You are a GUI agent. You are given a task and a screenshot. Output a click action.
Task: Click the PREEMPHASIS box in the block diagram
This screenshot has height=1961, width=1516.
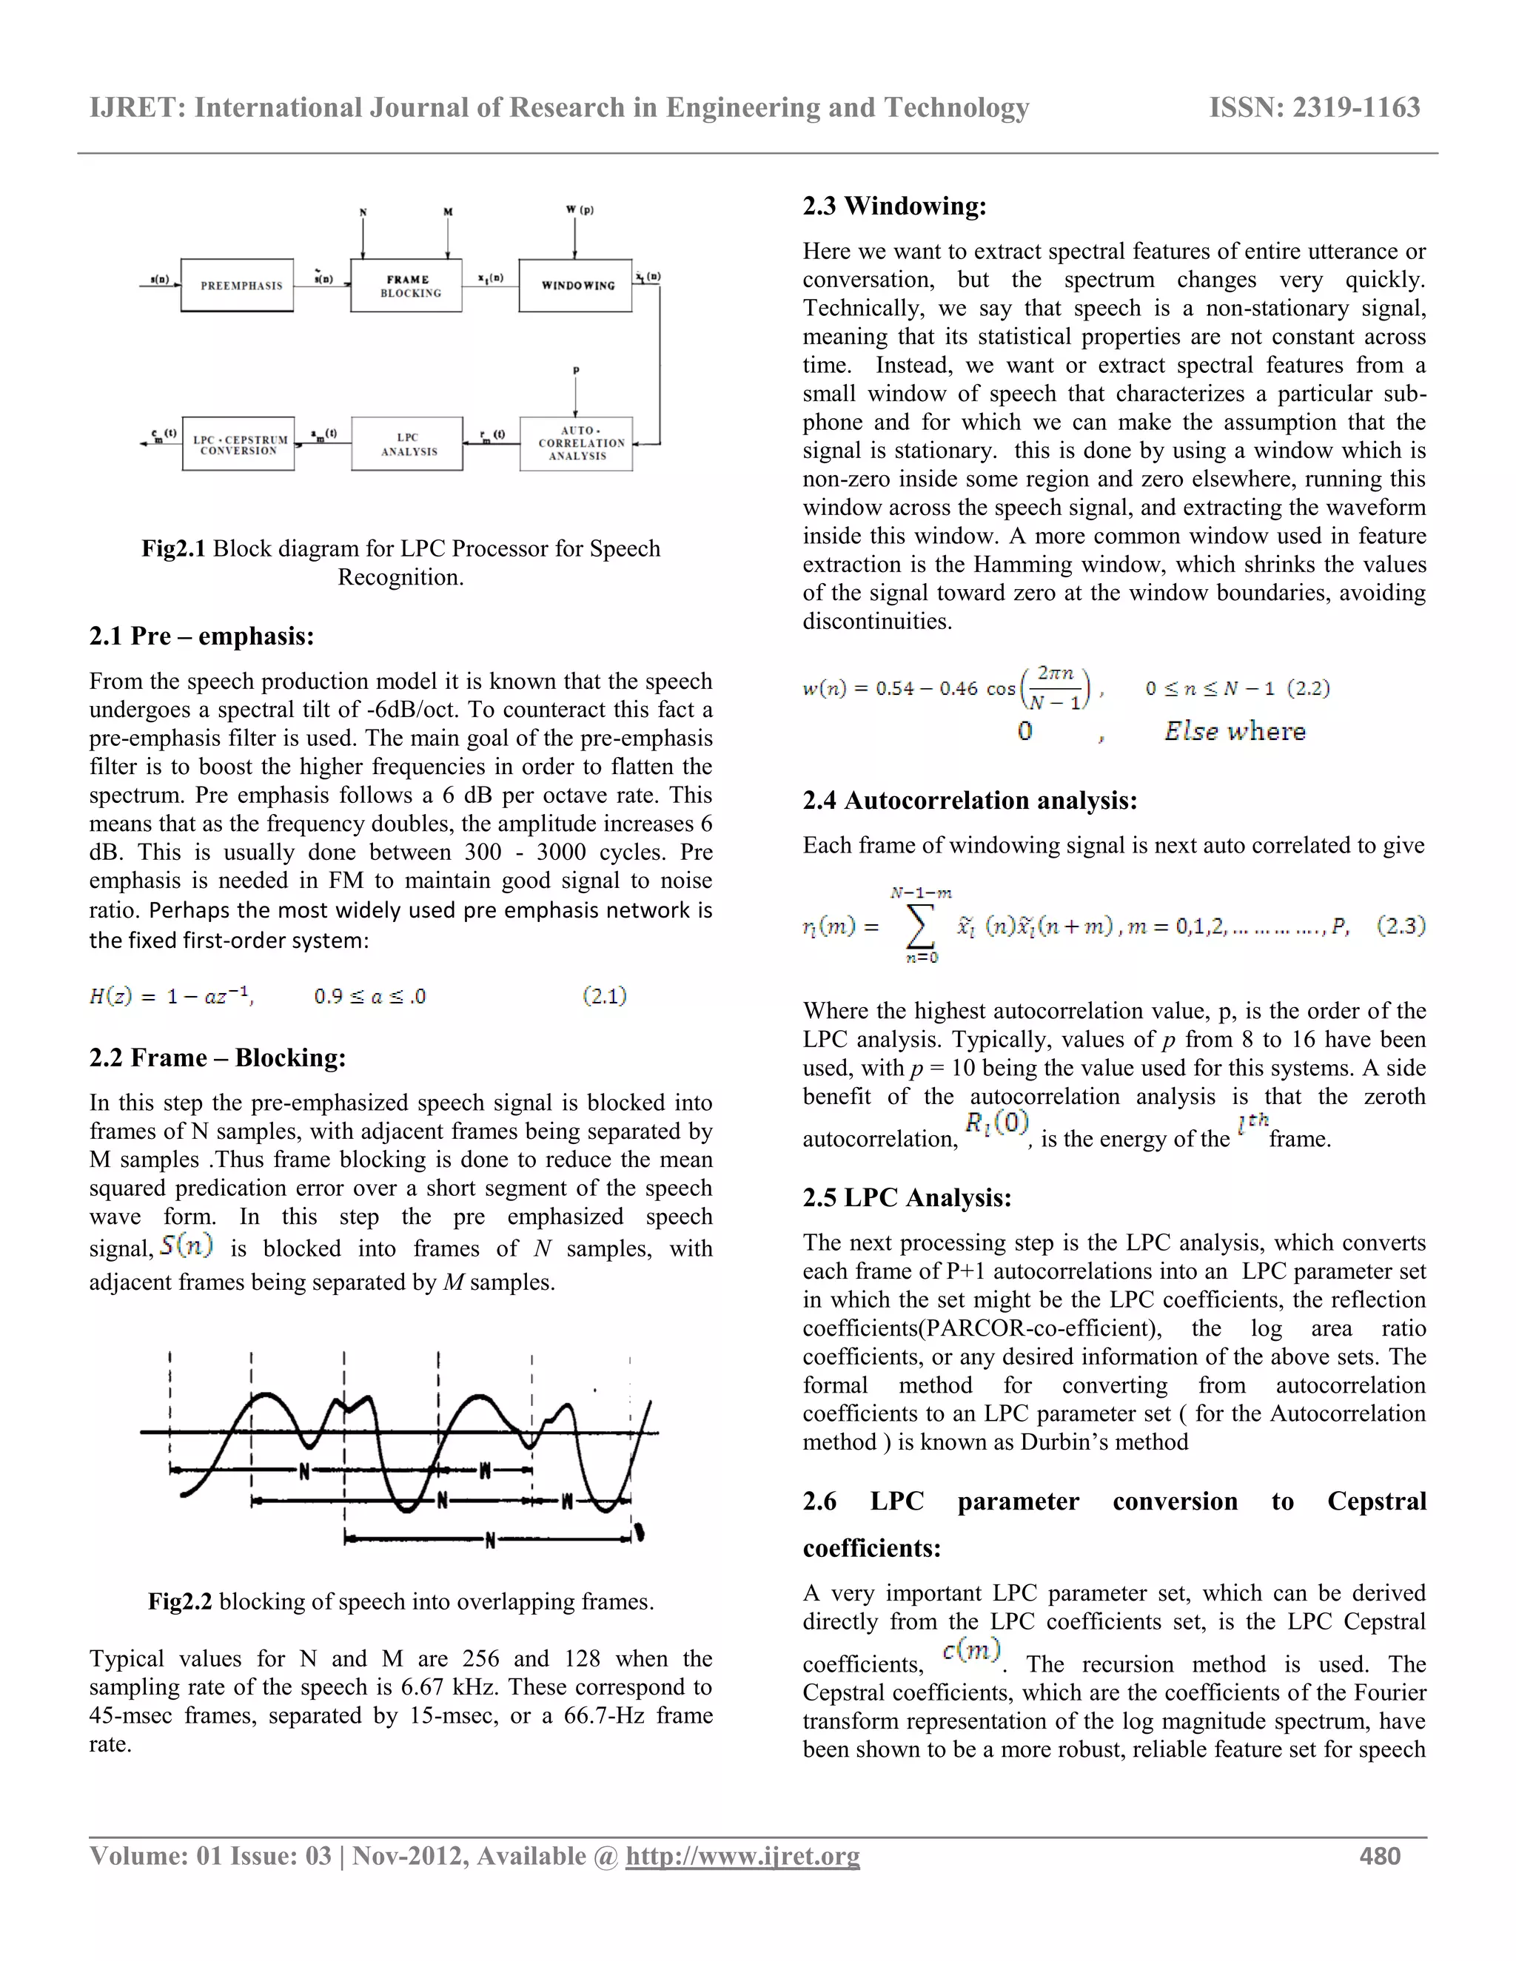(x=237, y=286)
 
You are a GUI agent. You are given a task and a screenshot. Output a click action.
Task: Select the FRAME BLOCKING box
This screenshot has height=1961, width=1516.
(x=407, y=286)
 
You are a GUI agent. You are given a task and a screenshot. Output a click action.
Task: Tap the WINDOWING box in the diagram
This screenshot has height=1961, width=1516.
(x=576, y=286)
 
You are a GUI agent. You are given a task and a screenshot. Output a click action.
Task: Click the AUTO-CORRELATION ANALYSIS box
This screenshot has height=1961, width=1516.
(x=577, y=443)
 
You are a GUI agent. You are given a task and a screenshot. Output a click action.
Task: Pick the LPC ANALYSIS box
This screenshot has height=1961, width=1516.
(x=407, y=443)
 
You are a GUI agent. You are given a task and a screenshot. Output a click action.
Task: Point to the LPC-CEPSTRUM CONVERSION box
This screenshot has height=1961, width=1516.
(x=238, y=443)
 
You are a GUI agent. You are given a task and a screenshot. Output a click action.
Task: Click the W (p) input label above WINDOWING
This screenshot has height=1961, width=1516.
(x=580, y=210)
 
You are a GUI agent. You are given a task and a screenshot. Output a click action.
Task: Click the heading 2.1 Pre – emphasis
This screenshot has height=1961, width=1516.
(x=201, y=636)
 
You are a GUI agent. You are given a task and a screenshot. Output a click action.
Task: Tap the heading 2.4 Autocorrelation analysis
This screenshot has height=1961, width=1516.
(x=970, y=800)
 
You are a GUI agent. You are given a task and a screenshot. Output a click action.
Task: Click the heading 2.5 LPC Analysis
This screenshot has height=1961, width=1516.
(x=907, y=1198)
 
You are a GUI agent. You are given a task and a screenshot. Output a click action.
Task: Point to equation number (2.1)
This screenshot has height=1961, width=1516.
(x=605, y=996)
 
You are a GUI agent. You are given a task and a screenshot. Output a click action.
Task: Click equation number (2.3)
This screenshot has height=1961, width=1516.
(x=1401, y=926)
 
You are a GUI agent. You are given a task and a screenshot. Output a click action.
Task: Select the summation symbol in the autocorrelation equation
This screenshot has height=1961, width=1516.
(x=919, y=926)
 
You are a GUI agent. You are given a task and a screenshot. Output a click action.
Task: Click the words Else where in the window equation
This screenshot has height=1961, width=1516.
(x=1235, y=731)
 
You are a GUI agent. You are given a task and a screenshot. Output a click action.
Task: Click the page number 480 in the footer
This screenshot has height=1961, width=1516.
(x=1380, y=1856)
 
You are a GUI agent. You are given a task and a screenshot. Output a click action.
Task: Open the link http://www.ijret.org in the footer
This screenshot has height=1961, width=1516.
(x=742, y=1856)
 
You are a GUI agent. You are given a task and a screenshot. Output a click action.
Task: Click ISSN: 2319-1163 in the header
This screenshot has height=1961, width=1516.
(x=1315, y=108)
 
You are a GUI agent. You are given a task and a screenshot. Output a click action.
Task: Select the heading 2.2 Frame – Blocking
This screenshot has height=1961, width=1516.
(x=218, y=1057)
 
